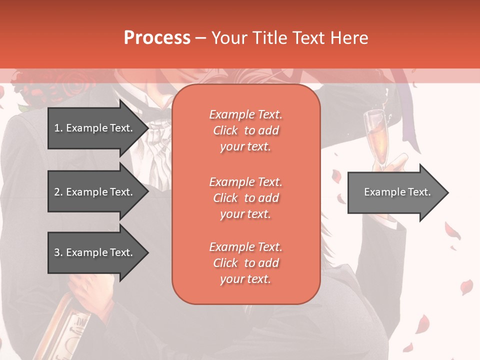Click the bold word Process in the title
coord(157,38)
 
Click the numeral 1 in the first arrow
coord(57,128)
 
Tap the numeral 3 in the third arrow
coord(57,252)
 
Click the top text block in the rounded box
coord(245,130)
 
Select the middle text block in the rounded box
coord(245,198)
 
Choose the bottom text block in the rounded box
coord(245,263)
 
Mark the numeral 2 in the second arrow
coord(57,192)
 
